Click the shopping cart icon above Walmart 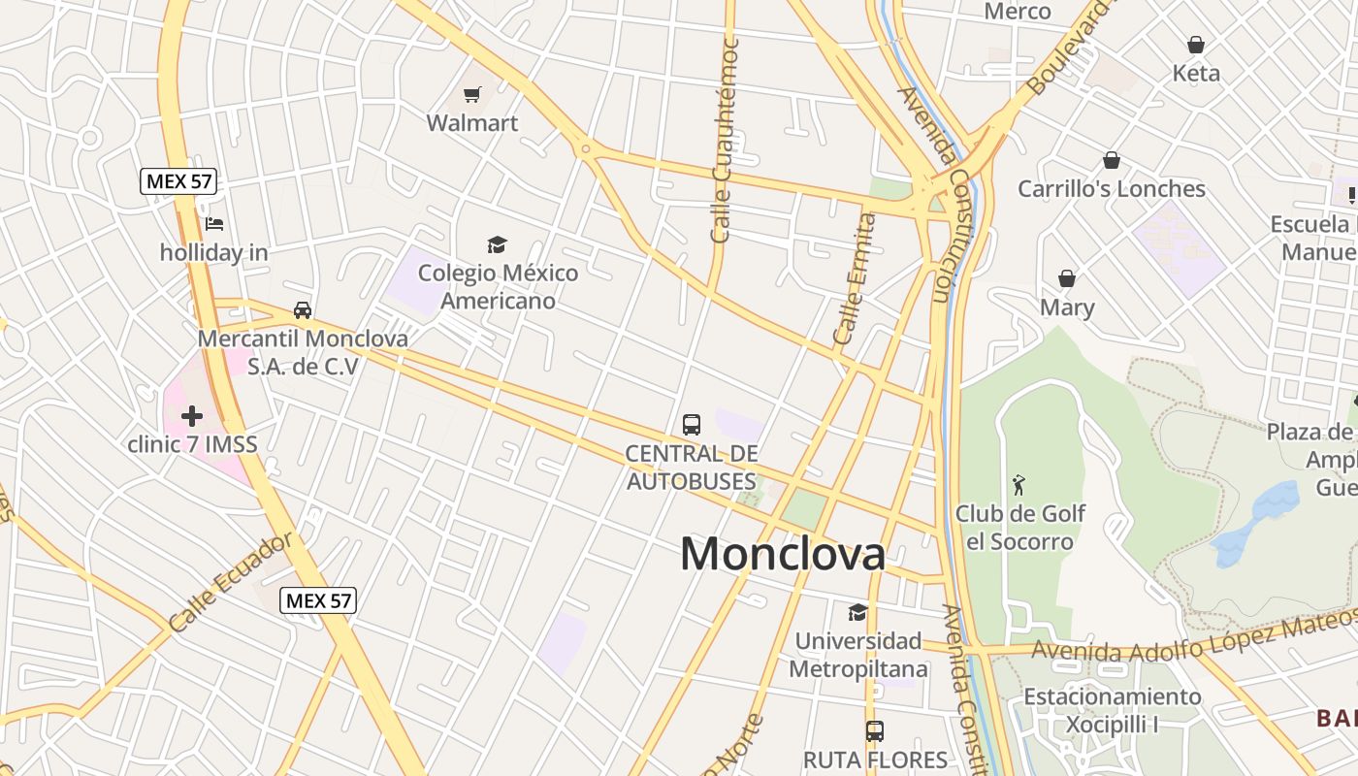tap(471, 94)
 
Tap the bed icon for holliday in tap(214, 224)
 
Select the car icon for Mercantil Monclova tap(303, 310)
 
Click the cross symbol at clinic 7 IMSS tap(192, 416)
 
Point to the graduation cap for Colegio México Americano tap(497, 244)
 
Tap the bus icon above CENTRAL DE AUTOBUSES tap(692, 425)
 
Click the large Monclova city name tap(782, 554)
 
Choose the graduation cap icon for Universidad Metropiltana tap(857, 612)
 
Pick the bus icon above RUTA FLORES tap(875, 731)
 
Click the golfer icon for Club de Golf tap(1018, 484)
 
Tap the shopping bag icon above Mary tap(1067, 279)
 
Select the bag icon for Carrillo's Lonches tap(1112, 160)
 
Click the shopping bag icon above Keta tap(1196, 45)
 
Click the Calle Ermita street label tap(855, 278)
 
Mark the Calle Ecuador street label tap(230, 584)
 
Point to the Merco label tap(1018, 12)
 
